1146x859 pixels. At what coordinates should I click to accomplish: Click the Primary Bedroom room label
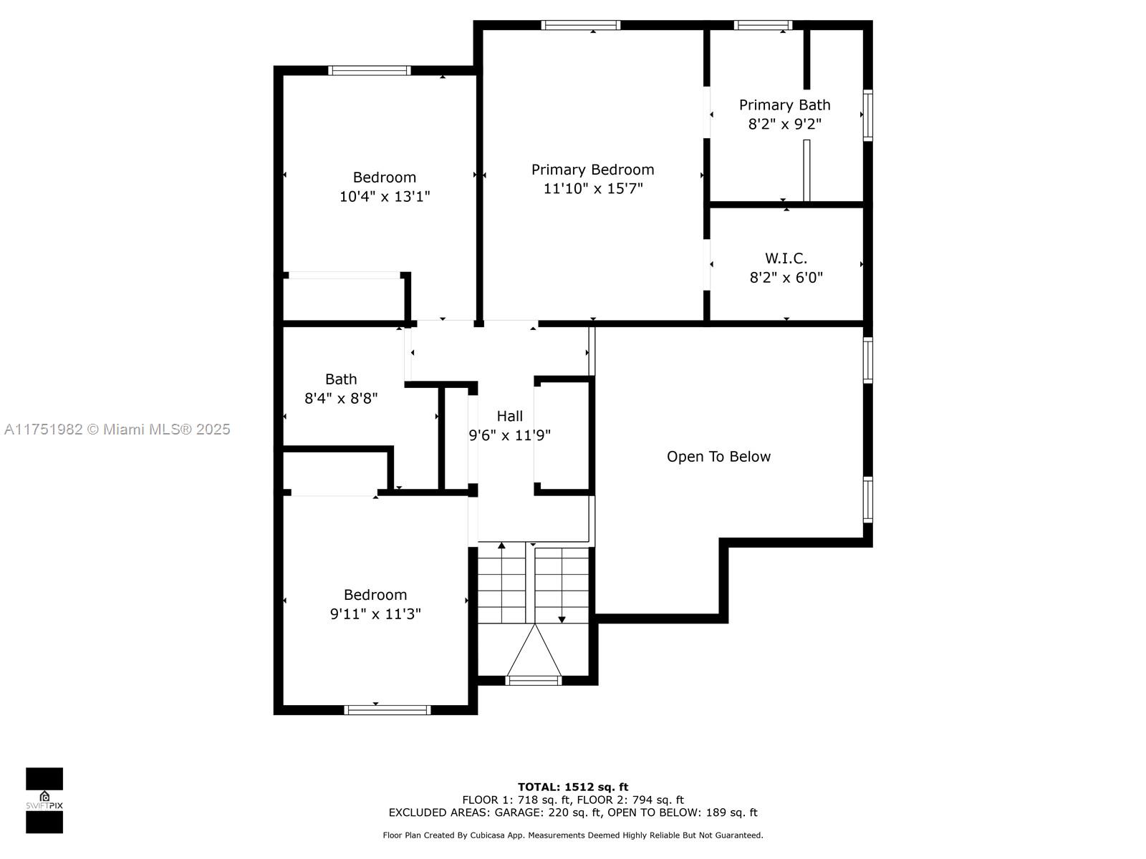(x=592, y=170)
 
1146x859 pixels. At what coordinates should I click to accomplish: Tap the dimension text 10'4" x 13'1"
(x=385, y=197)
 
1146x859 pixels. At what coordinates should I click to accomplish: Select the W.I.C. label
(x=786, y=258)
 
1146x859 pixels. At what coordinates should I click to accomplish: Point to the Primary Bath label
(x=785, y=105)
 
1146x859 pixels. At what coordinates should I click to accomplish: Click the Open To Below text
(x=718, y=457)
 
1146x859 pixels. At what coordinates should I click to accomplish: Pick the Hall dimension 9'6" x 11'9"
(x=509, y=435)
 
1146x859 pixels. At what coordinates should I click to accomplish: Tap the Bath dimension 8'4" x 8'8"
(x=341, y=399)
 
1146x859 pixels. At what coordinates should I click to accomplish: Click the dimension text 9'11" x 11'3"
(x=375, y=614)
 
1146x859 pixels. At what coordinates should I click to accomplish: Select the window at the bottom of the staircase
(x=533, y=680)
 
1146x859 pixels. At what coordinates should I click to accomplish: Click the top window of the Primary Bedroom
(x=581, y=25)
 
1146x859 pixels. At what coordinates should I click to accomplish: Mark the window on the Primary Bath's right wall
(x=867, y=115)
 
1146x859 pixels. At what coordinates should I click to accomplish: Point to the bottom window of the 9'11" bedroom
(x=387, y=710)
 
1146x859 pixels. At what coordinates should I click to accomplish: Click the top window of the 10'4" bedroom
(x=370, y=70)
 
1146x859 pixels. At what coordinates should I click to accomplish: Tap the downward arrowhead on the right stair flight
(x=562, y=620)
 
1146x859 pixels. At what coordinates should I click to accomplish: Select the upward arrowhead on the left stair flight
(x=502, y=545)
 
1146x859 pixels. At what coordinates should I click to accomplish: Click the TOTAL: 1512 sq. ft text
(x=573, y=787)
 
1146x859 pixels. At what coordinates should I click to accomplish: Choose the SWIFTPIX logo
(x=44, y=800)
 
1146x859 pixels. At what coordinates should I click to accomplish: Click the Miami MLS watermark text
(x=117, y=429)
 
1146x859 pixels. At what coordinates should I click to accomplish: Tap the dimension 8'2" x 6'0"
(x=786, y=278)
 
